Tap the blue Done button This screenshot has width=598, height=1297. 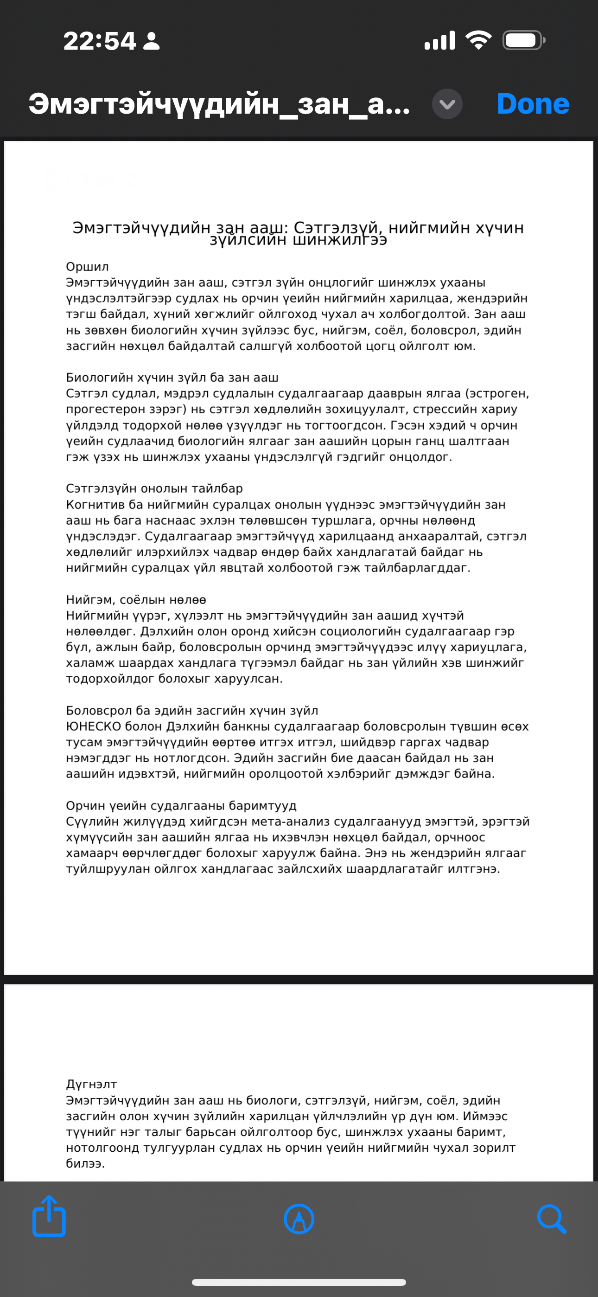pos(533,104)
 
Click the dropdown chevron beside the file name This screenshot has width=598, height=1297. pos(447,104)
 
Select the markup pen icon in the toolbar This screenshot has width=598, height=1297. pos(299,1219)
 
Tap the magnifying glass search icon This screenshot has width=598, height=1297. pos(551,1219)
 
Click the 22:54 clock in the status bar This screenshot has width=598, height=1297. pos(100,41)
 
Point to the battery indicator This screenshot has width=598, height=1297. pos(523,40)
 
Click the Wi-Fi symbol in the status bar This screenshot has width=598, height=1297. pos(479,40)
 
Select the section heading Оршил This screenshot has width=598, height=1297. pos(87,267)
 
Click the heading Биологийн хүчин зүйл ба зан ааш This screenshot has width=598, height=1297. pos(172,378)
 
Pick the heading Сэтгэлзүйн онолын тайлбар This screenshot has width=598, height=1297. pos(154,488)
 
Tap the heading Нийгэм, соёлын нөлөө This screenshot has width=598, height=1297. pos(136,600)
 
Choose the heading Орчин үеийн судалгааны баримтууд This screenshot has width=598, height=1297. pos(181,806)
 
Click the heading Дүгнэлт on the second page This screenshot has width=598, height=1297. pos(91,1084)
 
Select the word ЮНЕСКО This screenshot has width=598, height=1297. pos(94,726)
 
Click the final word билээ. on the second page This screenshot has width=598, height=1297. pos(85,1163)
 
